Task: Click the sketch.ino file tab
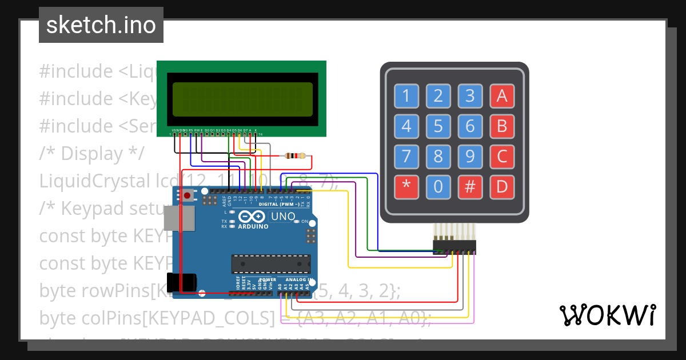tap(101, 25)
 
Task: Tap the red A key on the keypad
tap(502, 96)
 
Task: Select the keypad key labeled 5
tap(438, 126)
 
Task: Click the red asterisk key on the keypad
tap(406, 186)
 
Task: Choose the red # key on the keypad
tap(470, 186)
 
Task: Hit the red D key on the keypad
tap(502, 186)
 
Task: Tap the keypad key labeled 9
tap(470, 156)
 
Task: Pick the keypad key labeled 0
tap(438, 186)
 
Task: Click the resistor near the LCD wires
tap(295, 155)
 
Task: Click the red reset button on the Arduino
tap(188, 196)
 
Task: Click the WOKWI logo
tap(607, 315)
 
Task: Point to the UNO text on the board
tap(282, 217)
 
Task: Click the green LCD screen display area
tap(242, 99)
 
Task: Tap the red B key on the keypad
tap(502, 126)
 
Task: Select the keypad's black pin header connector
tap(454, 246)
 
